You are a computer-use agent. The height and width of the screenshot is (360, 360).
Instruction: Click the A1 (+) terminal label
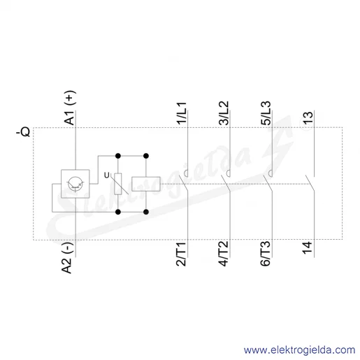[70, 108]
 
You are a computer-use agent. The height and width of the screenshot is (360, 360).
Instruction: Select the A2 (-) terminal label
[67, 258]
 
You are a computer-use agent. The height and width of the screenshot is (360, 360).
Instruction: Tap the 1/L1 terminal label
[182, 113]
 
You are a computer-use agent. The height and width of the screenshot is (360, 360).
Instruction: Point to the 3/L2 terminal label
[224, 113]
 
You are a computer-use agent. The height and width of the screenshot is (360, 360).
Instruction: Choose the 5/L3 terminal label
[266, 113]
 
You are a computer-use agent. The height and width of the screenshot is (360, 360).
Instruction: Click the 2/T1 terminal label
[181, 254]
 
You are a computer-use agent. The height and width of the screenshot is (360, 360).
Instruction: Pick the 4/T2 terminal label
[224, 254]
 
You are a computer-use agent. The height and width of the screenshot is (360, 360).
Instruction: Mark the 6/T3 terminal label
[266, 254]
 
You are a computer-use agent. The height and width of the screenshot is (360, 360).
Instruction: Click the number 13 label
[308, 118]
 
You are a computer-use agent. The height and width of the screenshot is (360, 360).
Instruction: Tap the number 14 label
[308, 248]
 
